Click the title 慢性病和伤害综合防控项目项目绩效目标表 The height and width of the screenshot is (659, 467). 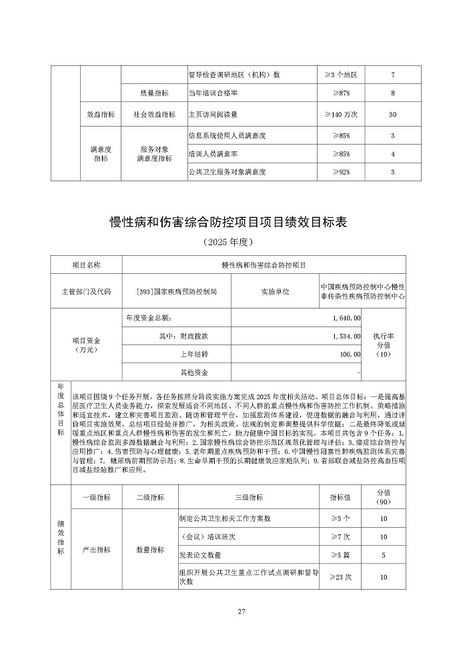pos(233,221)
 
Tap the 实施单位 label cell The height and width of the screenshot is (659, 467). pos(276,292)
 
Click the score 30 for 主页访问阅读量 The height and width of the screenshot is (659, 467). pos(393,115)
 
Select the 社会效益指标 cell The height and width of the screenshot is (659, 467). pos(151,115)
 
